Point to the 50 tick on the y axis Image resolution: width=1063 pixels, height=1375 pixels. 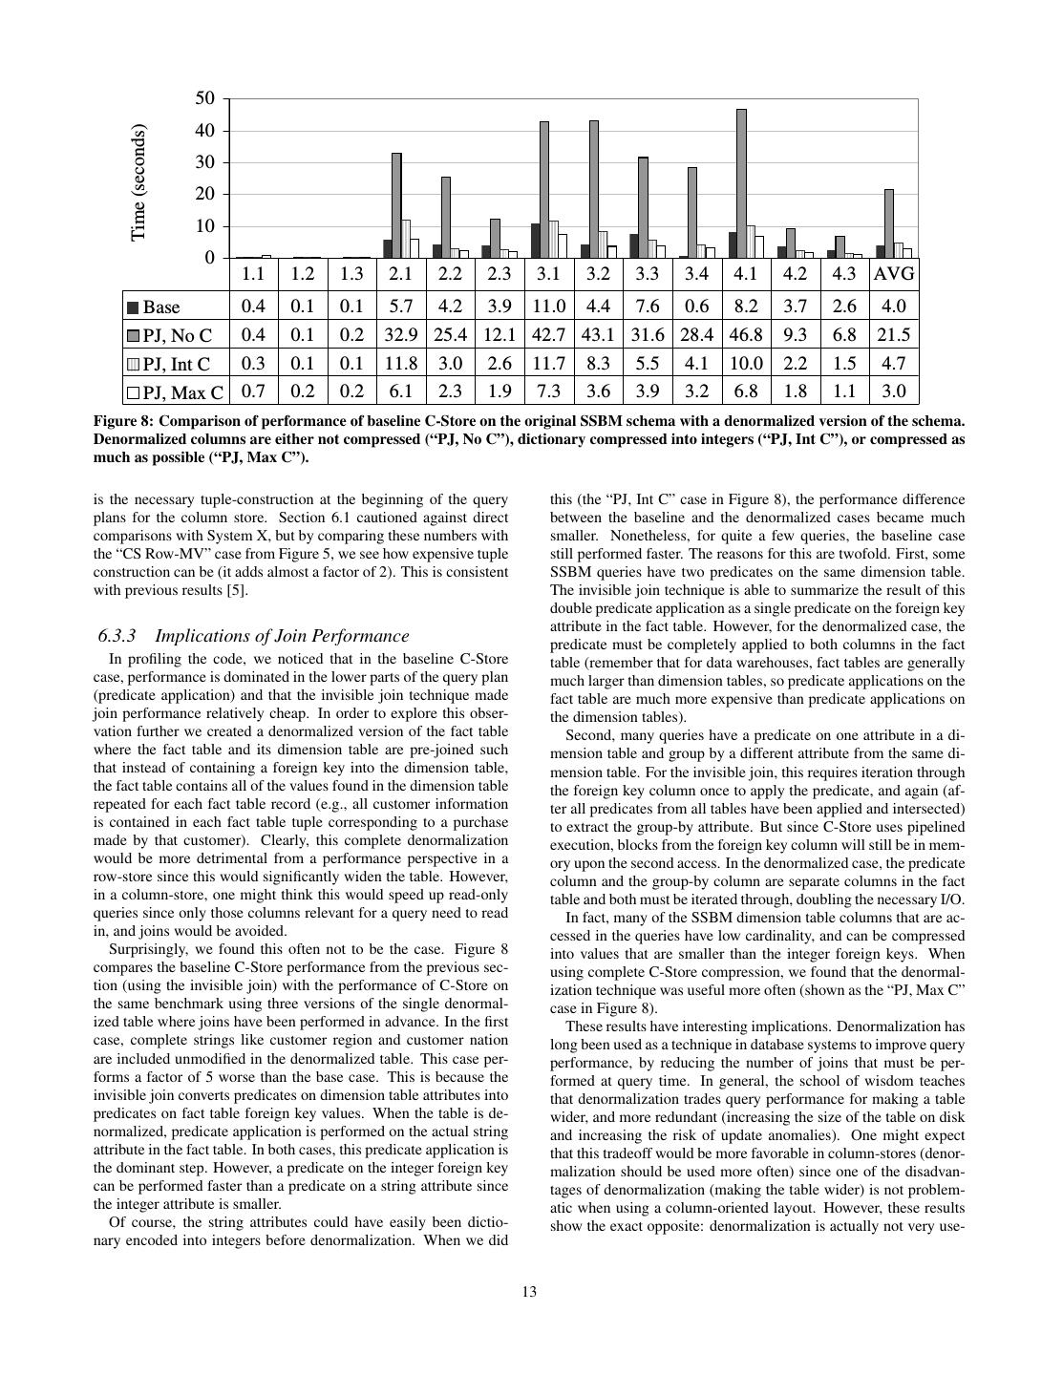[205, 98]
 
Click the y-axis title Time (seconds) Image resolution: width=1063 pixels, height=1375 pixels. [139, 182]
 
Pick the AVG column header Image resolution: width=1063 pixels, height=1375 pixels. [894, 274]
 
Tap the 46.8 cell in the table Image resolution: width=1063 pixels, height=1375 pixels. [746, 334]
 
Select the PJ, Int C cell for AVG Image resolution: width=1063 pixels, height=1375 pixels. [894, 363]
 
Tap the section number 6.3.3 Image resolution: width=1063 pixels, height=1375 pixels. [117, 636]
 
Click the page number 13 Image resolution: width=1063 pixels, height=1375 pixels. [530, 1292]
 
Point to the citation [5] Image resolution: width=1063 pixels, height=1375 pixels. [238, 590]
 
